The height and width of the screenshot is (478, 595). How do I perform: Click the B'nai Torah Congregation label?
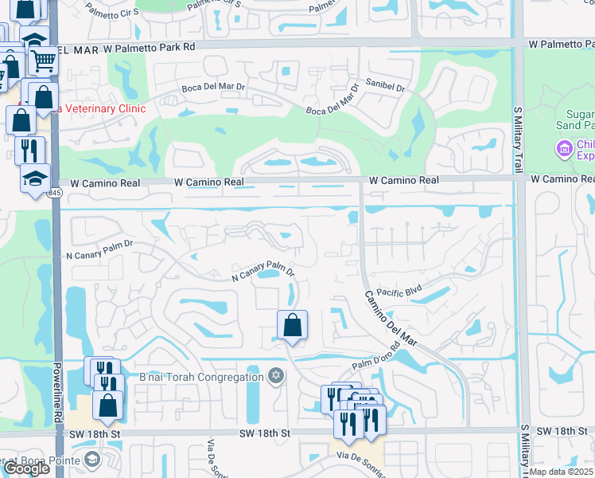(200, 377)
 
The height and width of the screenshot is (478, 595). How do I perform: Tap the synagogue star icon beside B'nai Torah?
(276, 376)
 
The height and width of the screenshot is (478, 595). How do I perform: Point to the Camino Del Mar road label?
(391, 318)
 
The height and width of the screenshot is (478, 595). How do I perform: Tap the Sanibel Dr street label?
(385, 83)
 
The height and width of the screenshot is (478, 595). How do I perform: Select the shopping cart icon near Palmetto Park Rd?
(42, 58)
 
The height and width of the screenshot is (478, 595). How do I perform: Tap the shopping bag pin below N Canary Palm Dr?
(293, 325)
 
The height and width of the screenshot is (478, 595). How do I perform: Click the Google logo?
(25, 468)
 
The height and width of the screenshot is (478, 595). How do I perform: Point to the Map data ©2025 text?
(562, 472)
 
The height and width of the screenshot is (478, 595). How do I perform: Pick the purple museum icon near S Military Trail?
(565, 148)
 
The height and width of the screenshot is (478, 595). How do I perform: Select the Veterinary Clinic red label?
(99, 108)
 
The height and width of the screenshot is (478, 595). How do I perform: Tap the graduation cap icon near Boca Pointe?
(92, 460)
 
